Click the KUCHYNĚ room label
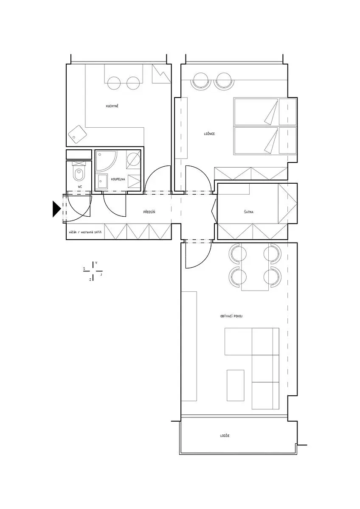coord(112,106)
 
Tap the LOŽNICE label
coord(209,134)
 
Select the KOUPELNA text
coord(118,179)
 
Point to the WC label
coord(80,187)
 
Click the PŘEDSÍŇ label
coord(149,212)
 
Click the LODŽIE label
coord(225,436)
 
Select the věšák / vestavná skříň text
coord(85,232)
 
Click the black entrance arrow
coord(56,209)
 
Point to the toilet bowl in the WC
coord(79,174)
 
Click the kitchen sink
coord(77,134)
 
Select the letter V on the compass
coord(96,263)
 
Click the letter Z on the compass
coord(90,280)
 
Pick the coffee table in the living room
coord(235,386)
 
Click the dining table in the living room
coord(255,266)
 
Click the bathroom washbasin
coord(101,181)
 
